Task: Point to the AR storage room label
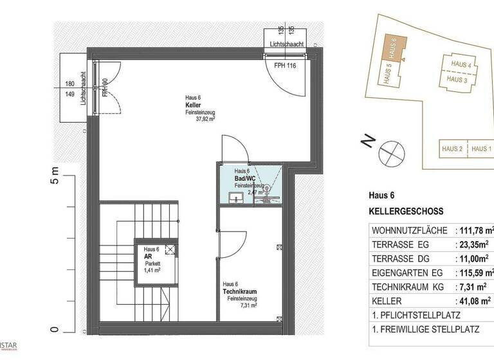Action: [x=147, y=256]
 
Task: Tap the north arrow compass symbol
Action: [x=390, y=152]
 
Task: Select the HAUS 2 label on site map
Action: [x=452, y=149]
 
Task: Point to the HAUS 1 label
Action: [x=481, y=149]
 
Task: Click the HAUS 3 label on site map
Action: [x=457, y=80]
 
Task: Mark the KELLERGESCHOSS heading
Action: [x=406, y=211]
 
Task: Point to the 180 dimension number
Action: [x=70, y=84]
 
